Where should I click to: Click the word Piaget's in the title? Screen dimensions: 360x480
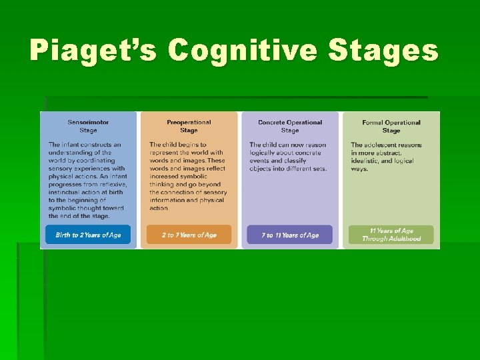click(94, 51)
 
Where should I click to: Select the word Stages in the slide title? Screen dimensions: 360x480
click(397, 51)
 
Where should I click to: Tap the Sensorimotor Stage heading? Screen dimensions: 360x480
click(88, 126)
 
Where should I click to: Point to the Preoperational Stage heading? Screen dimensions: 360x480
click(189, 126)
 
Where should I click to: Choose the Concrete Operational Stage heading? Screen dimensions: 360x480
click(290, 126)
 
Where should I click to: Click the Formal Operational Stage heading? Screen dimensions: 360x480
click(391, 126)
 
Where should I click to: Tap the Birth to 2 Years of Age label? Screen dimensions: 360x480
click(88, 235)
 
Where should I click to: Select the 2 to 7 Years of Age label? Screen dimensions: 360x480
click(189, 235)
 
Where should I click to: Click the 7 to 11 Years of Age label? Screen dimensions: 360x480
click(290, 235)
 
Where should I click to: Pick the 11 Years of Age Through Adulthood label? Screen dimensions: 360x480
click(391, 235)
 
